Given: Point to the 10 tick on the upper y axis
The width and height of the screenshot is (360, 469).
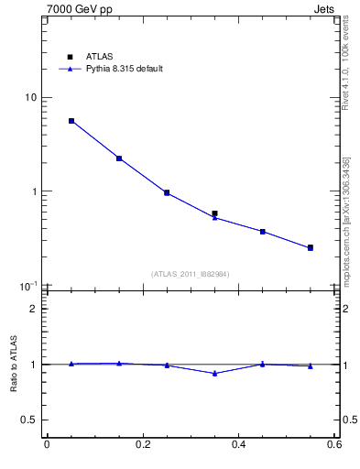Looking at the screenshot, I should (x=30, y=98).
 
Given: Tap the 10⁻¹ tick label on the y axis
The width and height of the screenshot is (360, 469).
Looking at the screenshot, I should (x=28, y=286).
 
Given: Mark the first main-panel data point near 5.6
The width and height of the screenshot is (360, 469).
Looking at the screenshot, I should (x=71, y=121).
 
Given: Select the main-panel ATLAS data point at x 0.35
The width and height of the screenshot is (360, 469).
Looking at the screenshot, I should (x=214, y=213).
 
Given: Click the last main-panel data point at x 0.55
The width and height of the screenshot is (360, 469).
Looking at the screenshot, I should (x=311, y=247).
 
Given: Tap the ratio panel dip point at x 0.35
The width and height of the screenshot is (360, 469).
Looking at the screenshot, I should (x=214, y=373).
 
